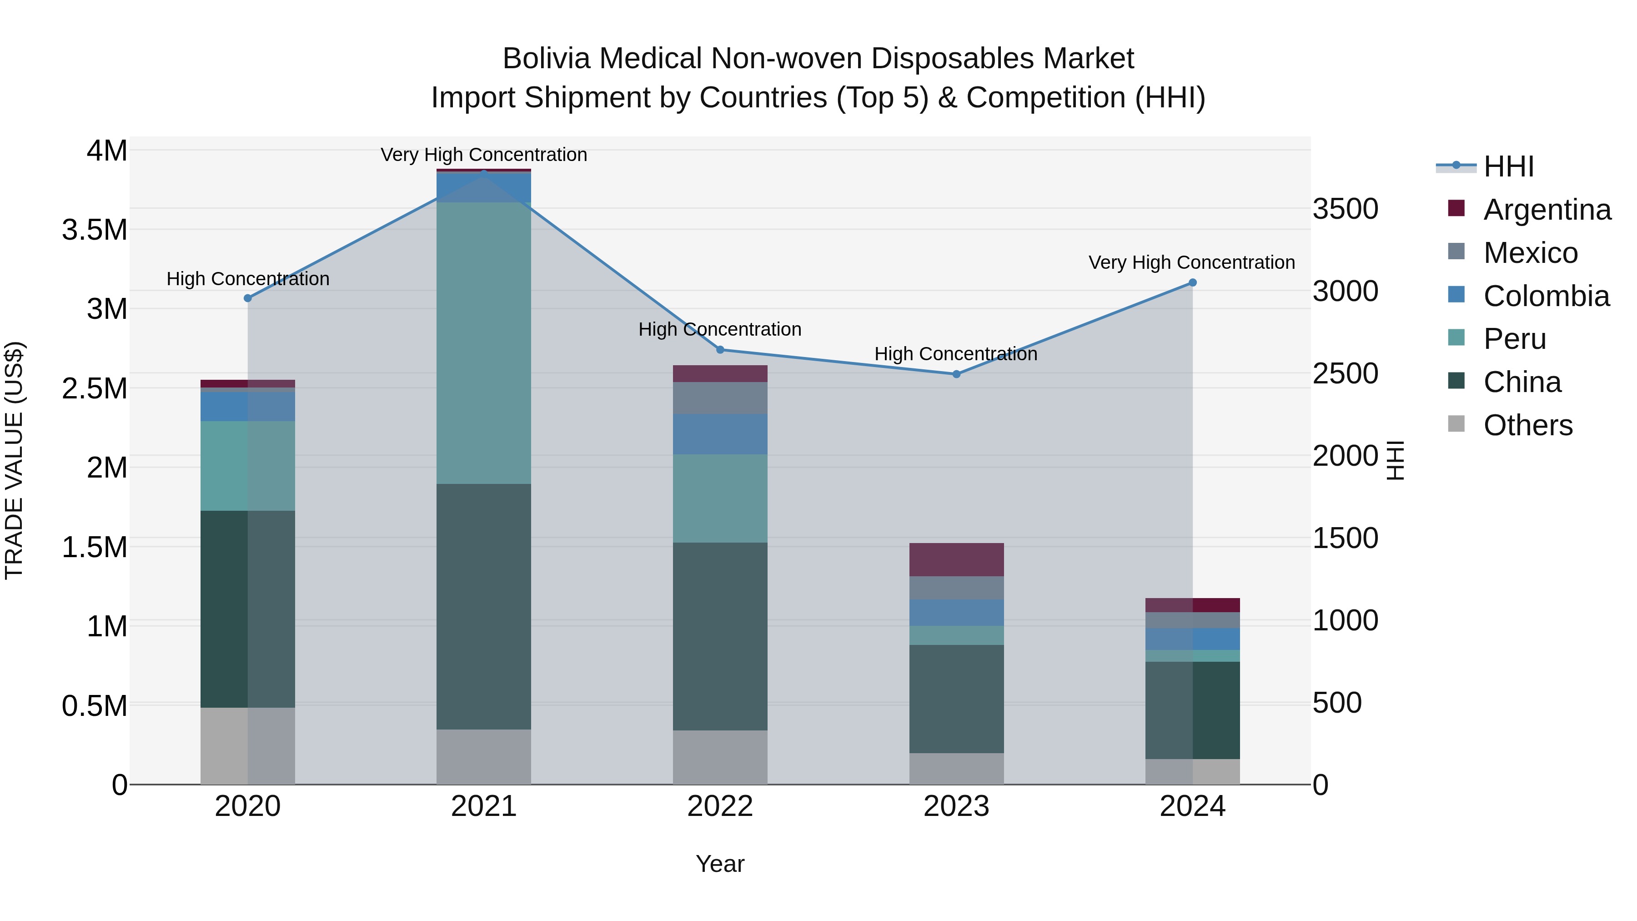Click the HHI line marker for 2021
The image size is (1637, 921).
pos(484,173)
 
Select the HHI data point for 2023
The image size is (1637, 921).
pos(956,374)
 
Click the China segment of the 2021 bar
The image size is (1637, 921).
pos(484,607)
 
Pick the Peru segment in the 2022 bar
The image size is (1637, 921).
pos(720,498)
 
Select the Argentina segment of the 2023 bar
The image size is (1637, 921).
pos(956,560)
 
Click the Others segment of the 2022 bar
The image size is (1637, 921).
pos(720,758)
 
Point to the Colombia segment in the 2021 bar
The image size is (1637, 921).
pos(484,187)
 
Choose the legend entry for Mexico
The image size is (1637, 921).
pos(1530,253)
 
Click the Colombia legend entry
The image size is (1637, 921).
pos(1546,296)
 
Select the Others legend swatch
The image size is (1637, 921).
pos(1456,424)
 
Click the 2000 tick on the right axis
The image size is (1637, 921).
pos(1345,456)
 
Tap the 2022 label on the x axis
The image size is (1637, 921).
pos(720,806)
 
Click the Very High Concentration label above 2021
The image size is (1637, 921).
pos(484,155)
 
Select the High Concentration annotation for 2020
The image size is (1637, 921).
pos(248,279)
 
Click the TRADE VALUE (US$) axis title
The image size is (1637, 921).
pos(14,460)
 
